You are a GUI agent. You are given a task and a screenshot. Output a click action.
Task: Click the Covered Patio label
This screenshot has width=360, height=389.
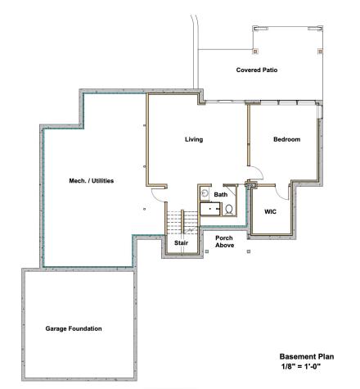pos(257,70)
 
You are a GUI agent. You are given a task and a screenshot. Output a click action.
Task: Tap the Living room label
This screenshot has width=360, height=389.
pos(194,139)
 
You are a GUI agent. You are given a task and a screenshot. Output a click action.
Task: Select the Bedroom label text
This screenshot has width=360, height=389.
pos(286,139)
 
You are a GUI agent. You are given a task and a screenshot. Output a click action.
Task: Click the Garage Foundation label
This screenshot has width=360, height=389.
pos(73,328)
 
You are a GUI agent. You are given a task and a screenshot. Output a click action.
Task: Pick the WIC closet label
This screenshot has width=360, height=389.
pos(270,211)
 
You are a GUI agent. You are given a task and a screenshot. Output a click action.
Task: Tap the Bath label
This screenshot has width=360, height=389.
pos(221,195)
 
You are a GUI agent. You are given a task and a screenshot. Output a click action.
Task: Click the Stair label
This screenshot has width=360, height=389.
pos(181,243)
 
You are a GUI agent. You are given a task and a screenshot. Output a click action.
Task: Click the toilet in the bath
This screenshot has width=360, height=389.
pos(230,210)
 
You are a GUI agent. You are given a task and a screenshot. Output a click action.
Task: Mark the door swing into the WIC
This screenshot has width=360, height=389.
pos(283,192)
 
